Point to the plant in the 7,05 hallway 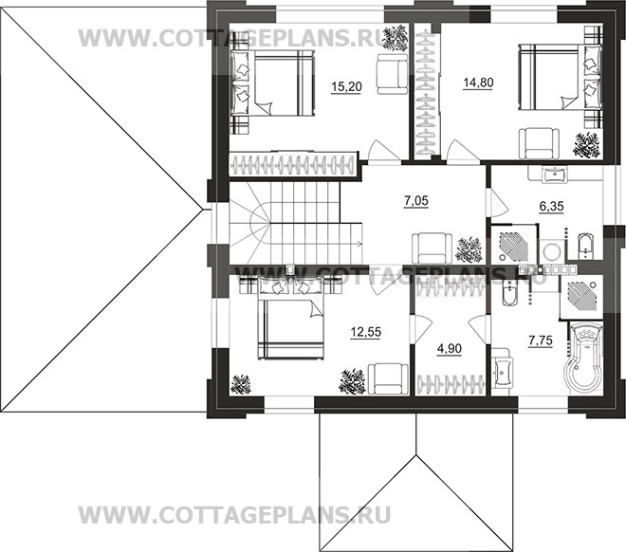(467, 249)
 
